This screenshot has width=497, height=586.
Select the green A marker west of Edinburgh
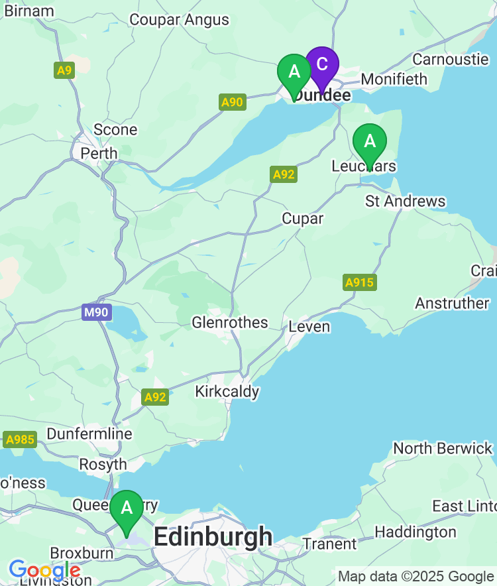pos(126,509)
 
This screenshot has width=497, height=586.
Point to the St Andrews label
pos(406,201)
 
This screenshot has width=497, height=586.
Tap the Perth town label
pos(99,153)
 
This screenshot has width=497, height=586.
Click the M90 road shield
pos(97,312)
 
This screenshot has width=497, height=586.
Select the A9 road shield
pos(64,70)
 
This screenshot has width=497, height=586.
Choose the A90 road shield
pos(232,102)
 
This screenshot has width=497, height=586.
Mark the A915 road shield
pos(359,282)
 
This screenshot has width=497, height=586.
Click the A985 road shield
pos(20,439)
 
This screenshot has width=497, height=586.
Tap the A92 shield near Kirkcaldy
pos(155,397)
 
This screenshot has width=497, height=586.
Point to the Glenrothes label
pos(230,323)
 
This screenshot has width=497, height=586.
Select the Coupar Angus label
pos(179,20)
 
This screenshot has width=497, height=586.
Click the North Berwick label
pos(443,449)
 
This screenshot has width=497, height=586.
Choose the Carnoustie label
pos(450,59)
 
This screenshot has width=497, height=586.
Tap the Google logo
pos(44,570)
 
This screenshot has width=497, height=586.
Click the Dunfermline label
pos(89,434)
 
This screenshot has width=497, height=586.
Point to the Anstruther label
pos(452,303)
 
